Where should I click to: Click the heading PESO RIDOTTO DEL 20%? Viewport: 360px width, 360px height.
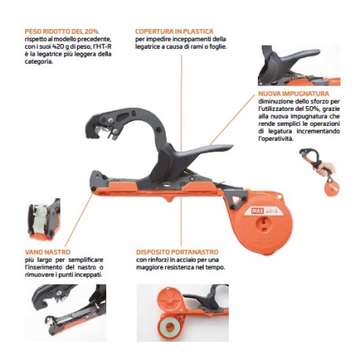[x=61, y=31]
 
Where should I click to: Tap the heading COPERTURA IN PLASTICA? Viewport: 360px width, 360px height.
[x=174, y=31]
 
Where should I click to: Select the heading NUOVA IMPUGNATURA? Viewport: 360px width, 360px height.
[x=294, y=94]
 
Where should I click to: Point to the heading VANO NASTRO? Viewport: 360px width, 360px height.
[x=48, y=252]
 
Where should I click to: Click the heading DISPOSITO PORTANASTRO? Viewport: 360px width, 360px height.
[x=177, y=252]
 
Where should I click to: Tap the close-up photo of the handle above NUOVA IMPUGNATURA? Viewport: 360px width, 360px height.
[x=299, y=65]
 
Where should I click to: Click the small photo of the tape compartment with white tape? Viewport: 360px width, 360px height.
[x=44, y=219]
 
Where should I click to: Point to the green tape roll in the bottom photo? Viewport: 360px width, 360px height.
[x=170, y=328]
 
